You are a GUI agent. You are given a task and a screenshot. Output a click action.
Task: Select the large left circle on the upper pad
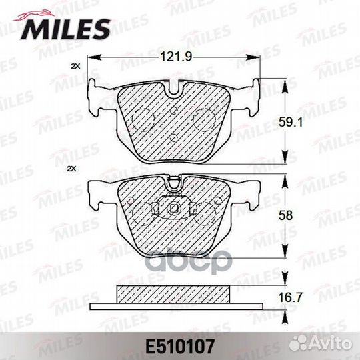point(141,120)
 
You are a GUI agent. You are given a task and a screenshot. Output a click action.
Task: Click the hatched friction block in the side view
point(175,293)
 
